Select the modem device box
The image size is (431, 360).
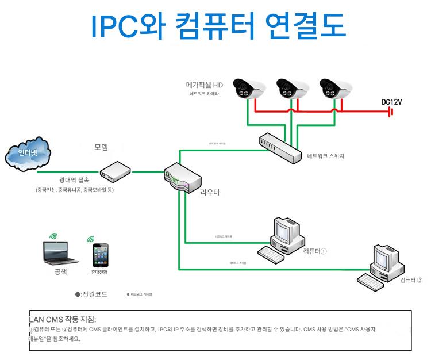[x=117, y=170]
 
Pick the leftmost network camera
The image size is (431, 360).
[x=249, y=89]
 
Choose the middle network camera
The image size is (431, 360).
[x=292, y=89]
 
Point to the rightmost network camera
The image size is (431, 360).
[x=335, y=89]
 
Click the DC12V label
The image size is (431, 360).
[x=391, y=102]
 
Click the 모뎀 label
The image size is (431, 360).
[x=101, y=147]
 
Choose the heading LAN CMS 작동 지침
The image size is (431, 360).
[x=63, y=320]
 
